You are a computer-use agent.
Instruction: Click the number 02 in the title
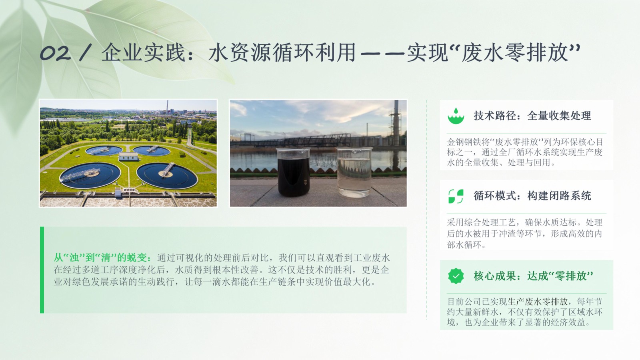tap(55, 53)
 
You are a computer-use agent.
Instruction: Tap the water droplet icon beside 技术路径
tap(456, 116)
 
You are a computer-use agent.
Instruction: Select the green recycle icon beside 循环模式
tap(456, 196)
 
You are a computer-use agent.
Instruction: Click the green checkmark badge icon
tap(456, 276)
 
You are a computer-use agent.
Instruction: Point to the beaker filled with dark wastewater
tap(294, 172)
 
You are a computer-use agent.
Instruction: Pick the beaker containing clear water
tap(354, 172)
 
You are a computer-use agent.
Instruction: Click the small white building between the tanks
tap(128, 156)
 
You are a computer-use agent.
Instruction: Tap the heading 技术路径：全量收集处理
tap(532, 116)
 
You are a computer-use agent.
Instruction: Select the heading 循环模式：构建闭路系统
tap(532, 196)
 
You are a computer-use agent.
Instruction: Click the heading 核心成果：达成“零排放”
tap(533, 276)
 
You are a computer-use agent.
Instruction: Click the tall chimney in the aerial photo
tap(167, 108)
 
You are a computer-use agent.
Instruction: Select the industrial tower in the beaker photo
tap(396, 123)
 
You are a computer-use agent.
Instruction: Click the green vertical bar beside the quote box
tap(42, 270)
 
